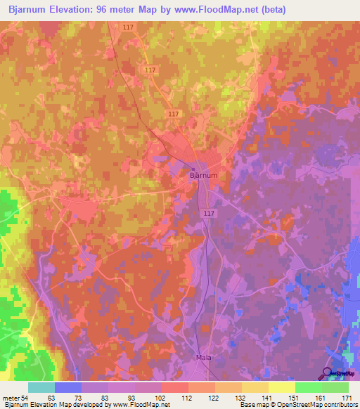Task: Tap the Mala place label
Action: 202,358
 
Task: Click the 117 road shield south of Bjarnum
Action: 207,214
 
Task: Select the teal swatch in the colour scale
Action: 41,387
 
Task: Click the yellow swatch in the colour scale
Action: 281,387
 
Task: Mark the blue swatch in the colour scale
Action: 68,387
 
